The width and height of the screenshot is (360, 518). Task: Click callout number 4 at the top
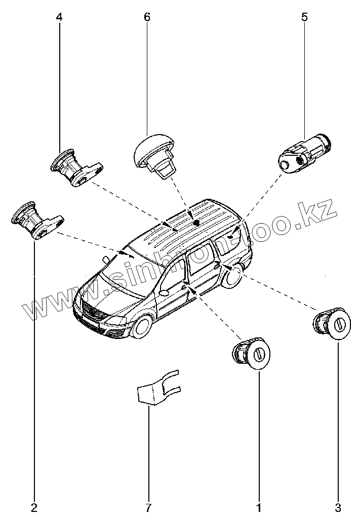point(59,17)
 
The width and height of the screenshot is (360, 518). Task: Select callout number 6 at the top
point(147,17)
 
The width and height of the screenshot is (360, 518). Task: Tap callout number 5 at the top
point(304,17)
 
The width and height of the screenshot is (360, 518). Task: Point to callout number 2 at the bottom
point(34,506)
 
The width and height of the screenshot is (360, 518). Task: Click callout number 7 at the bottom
point(149,506)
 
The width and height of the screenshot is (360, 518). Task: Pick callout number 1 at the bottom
point(259,506)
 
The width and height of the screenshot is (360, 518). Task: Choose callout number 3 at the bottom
point(338,506)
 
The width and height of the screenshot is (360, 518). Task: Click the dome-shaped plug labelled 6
point(152,152)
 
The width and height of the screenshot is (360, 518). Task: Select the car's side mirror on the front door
point(165,292)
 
